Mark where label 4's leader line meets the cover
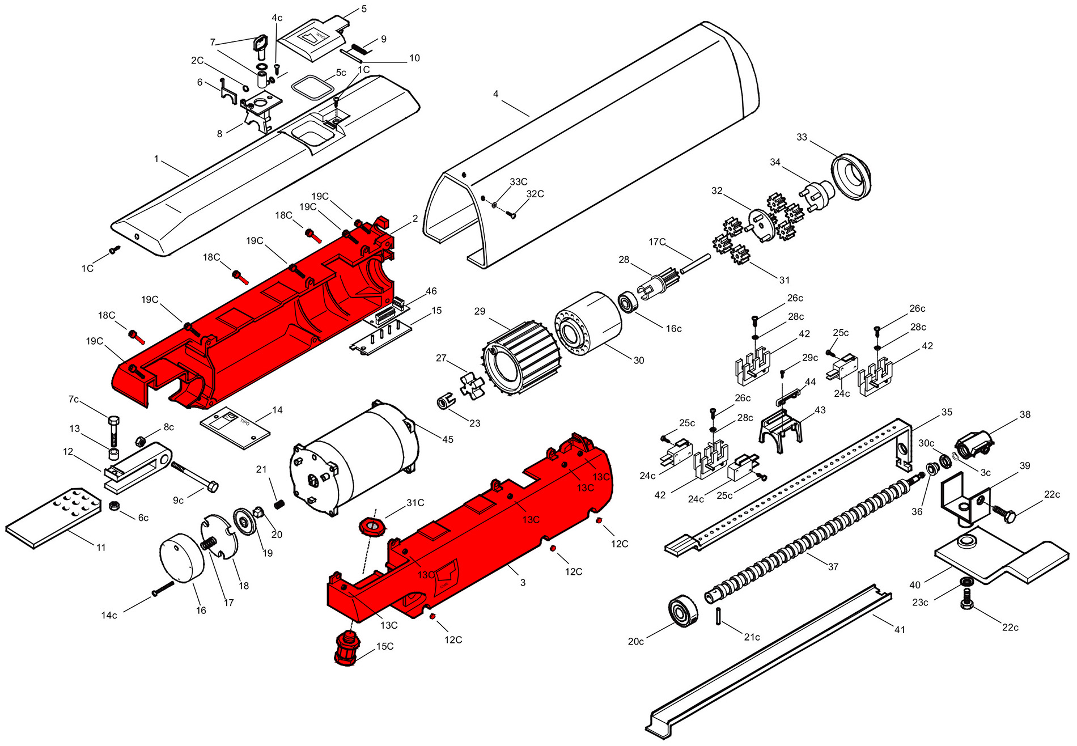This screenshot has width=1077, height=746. click(529, 116)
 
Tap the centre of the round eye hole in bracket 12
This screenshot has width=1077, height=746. click(164, 456)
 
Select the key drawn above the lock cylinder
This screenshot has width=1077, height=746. click(260, 48)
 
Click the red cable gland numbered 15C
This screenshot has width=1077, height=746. click(348, 648)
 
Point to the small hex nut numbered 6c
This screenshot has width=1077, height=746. click(114, 506)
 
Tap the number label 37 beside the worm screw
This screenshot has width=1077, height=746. click(833, 566)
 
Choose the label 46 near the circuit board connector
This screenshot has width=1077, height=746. click(431, 291)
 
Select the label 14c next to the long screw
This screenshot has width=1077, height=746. click(109, 615)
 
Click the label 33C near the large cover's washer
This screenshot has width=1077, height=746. click(519, 182)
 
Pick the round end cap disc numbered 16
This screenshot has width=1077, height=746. click(181, 558)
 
